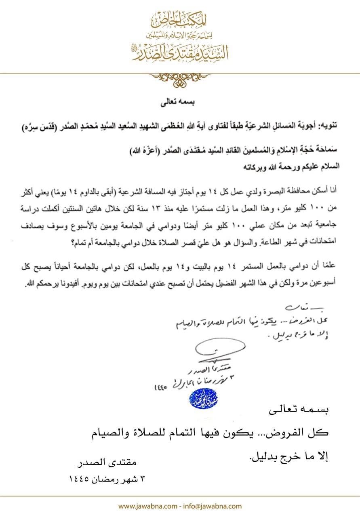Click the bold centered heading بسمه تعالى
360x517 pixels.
point(180,103)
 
